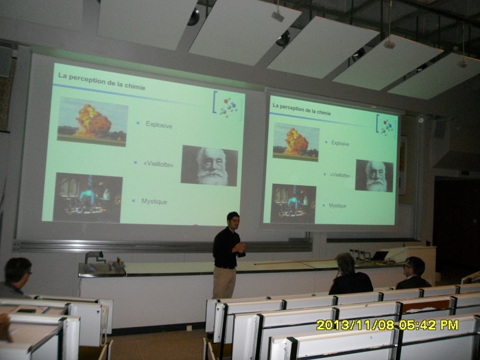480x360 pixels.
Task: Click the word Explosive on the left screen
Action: (x=159, y=125)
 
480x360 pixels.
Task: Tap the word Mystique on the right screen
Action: (x=337, y=206)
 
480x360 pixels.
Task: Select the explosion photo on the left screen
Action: (x=92, y=122)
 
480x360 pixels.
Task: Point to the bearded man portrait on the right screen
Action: (x=374, y=176)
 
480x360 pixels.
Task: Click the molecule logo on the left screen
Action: (x=228, y=106)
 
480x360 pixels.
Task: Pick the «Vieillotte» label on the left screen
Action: (x=158, y=164)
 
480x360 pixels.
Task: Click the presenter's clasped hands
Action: (x=240, y=247)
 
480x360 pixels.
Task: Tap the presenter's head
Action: (x=233, y=219)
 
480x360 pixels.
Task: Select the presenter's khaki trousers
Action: (x=224, y=282)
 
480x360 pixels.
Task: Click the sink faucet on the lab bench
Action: (x=94, y=256)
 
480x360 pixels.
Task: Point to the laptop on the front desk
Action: (x=380, y=256)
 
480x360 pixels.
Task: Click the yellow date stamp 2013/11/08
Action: (x=355, y=325)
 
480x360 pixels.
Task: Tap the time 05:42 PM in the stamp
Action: (x=429, y=325)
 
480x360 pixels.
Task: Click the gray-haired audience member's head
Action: (x=346, y=263)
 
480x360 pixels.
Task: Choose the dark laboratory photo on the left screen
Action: (x=88, y=197)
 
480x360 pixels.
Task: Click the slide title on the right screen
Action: (x=302, y=109)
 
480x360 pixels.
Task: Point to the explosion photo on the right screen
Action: (x=296, y=142)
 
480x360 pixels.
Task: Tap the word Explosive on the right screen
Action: (x=340, y=143)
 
